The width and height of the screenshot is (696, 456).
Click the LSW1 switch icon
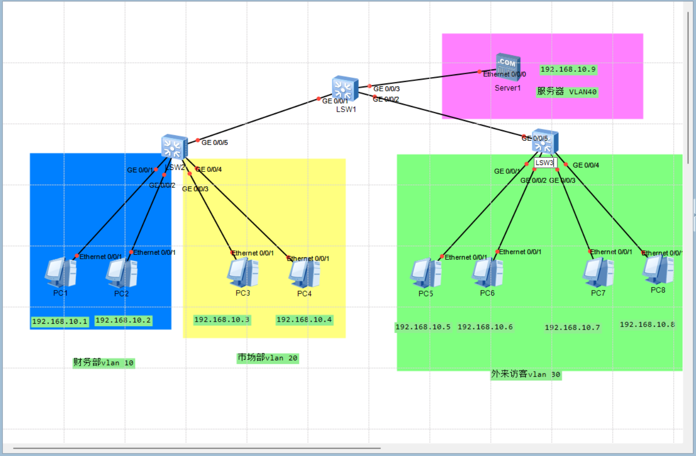pos(345,89)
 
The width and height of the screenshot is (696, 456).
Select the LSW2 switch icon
pos(174,146)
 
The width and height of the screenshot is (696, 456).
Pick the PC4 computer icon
pos(304,274)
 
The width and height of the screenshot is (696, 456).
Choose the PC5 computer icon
pos(426,273)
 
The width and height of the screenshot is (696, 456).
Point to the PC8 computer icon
pos(658,270)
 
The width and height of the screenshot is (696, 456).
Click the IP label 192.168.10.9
pos(568,69)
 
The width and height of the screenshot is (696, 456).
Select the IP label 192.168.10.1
pos(60,321)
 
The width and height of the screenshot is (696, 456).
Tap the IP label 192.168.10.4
pos(304,320)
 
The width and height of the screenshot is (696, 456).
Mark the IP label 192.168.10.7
pos(572,328)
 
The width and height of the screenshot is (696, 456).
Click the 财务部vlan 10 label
pos(103,362)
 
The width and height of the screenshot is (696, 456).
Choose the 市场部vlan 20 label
pos(267,358)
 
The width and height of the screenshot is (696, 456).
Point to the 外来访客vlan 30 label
pos(526,374)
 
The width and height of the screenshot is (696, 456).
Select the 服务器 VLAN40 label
pos(567,92)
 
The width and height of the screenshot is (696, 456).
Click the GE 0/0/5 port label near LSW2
pos(215,143)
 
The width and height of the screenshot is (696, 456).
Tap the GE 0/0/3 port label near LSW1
pos(386,89)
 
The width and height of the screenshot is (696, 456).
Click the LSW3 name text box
pos(545,163)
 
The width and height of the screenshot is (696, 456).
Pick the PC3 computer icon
pos(243,273)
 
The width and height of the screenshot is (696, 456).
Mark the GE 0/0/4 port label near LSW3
pos(586,165)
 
